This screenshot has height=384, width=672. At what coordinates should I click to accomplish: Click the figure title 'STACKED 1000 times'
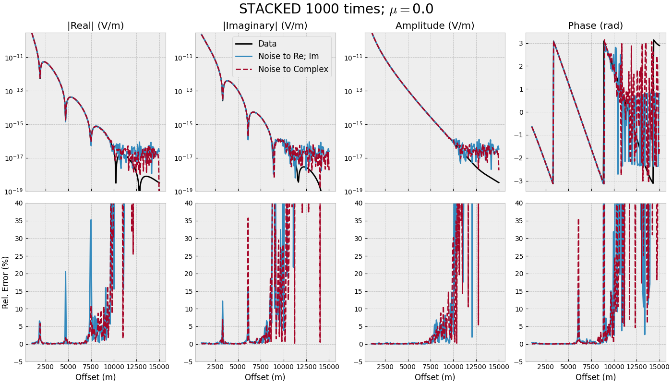336,9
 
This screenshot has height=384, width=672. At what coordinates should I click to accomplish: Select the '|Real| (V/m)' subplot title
96,26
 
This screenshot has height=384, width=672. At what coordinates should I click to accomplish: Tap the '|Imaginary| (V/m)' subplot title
265,26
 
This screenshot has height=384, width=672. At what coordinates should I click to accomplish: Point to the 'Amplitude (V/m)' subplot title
435,26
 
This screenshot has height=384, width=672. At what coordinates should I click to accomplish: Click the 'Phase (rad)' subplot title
595,26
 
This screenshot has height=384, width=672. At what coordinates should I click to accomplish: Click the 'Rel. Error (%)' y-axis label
6,282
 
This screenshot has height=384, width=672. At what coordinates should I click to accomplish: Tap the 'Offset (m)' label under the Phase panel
595,377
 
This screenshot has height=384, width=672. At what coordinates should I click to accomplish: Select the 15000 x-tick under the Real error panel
159,367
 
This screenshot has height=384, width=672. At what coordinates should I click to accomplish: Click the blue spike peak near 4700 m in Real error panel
65,272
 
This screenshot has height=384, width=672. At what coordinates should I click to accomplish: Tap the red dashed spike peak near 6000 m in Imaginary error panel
248,218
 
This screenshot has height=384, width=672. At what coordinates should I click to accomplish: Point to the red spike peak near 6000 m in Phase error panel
578,219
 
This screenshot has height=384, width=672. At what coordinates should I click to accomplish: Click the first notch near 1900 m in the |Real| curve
40,78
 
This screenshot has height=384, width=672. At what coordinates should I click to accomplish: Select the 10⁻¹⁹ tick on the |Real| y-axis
16,192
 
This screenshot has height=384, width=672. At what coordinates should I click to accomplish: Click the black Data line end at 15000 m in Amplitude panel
499,182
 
